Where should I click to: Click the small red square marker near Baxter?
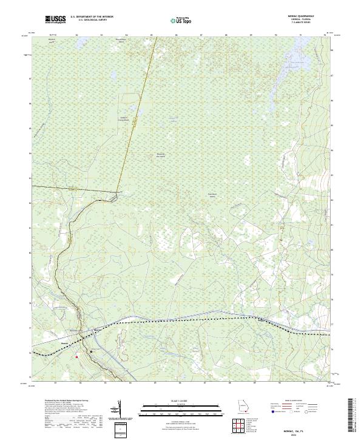[x=77, y=357]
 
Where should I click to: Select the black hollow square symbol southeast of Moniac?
[x=92, y=351]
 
